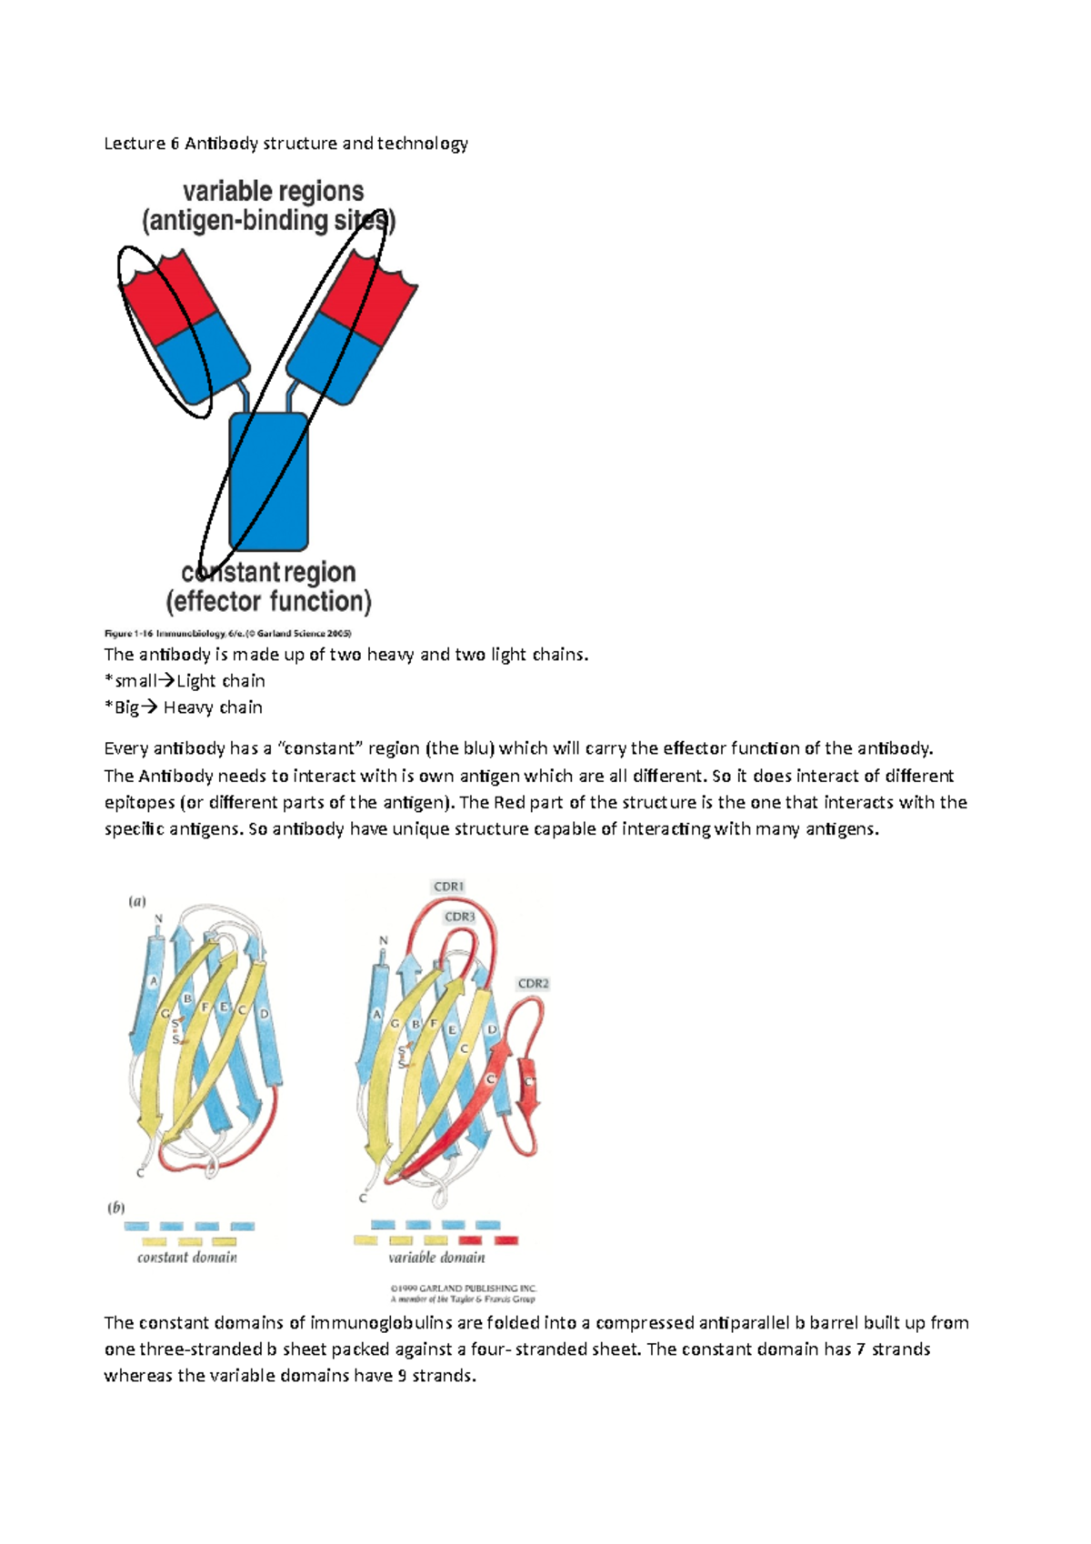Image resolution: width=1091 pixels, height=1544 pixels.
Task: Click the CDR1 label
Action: coord(449,887)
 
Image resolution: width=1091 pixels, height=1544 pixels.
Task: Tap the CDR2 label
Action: coord(533,984)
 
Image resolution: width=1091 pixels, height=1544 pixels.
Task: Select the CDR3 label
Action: coord(460,917)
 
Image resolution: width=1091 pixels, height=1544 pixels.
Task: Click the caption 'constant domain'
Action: coord(187,1258)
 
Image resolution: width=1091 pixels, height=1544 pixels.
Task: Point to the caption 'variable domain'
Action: coord(436,1258)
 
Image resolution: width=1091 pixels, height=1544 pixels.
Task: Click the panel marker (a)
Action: coord(136,901)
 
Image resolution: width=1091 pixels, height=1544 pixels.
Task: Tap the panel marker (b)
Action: coord(116,1208)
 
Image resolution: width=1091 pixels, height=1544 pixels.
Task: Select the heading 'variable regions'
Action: coord(273,191)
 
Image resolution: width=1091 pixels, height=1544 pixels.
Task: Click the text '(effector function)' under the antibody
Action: coord(269,601)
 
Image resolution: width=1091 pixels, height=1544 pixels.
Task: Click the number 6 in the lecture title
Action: coord(175,144)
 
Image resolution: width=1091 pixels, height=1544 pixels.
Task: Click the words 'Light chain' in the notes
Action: coord(221,681)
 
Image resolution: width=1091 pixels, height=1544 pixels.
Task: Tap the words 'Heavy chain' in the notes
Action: coord(213,707)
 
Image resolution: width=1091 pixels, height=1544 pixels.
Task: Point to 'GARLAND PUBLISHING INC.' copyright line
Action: coord(464,1288)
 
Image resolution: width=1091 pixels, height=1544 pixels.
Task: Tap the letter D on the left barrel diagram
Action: coord(265,1014)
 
